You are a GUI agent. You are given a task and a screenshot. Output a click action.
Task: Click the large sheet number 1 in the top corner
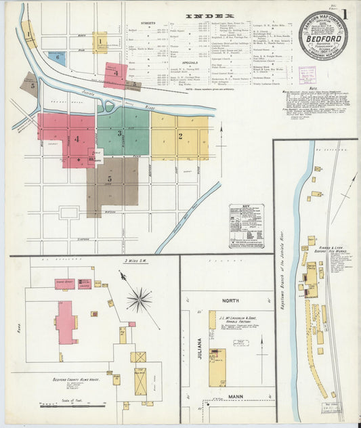click(345, 14)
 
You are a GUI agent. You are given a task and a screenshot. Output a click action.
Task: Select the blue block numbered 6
click(58, 56)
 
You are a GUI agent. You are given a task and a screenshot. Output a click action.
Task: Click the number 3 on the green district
click(120, 133)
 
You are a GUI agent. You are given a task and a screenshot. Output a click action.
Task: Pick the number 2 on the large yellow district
click(180, 135)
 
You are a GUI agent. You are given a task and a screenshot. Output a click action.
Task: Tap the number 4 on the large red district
click(77, 140)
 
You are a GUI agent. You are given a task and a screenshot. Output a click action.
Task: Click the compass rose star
click(140, 298)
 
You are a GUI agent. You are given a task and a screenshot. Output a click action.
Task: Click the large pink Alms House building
click(66, 322)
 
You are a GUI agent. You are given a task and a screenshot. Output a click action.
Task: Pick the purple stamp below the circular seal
click(307, 74)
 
